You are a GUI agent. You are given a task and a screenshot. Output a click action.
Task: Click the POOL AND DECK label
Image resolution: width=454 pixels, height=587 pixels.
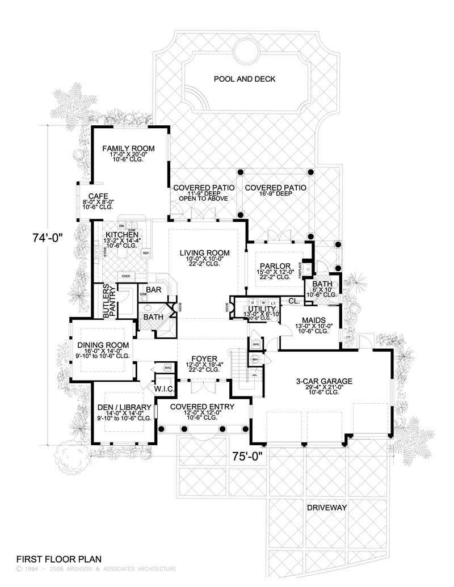pyautogui.click(x=244, y=79)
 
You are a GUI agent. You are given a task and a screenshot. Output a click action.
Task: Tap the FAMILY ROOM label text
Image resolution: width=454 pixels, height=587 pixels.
pyautogui.click(x=128, y=149)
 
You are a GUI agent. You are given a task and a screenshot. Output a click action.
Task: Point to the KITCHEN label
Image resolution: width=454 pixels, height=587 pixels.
pyautogui.click(x=121, y=234)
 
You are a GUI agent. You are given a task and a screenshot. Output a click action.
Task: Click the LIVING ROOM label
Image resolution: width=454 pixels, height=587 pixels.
pyautogui.click(x=204, y=252)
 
